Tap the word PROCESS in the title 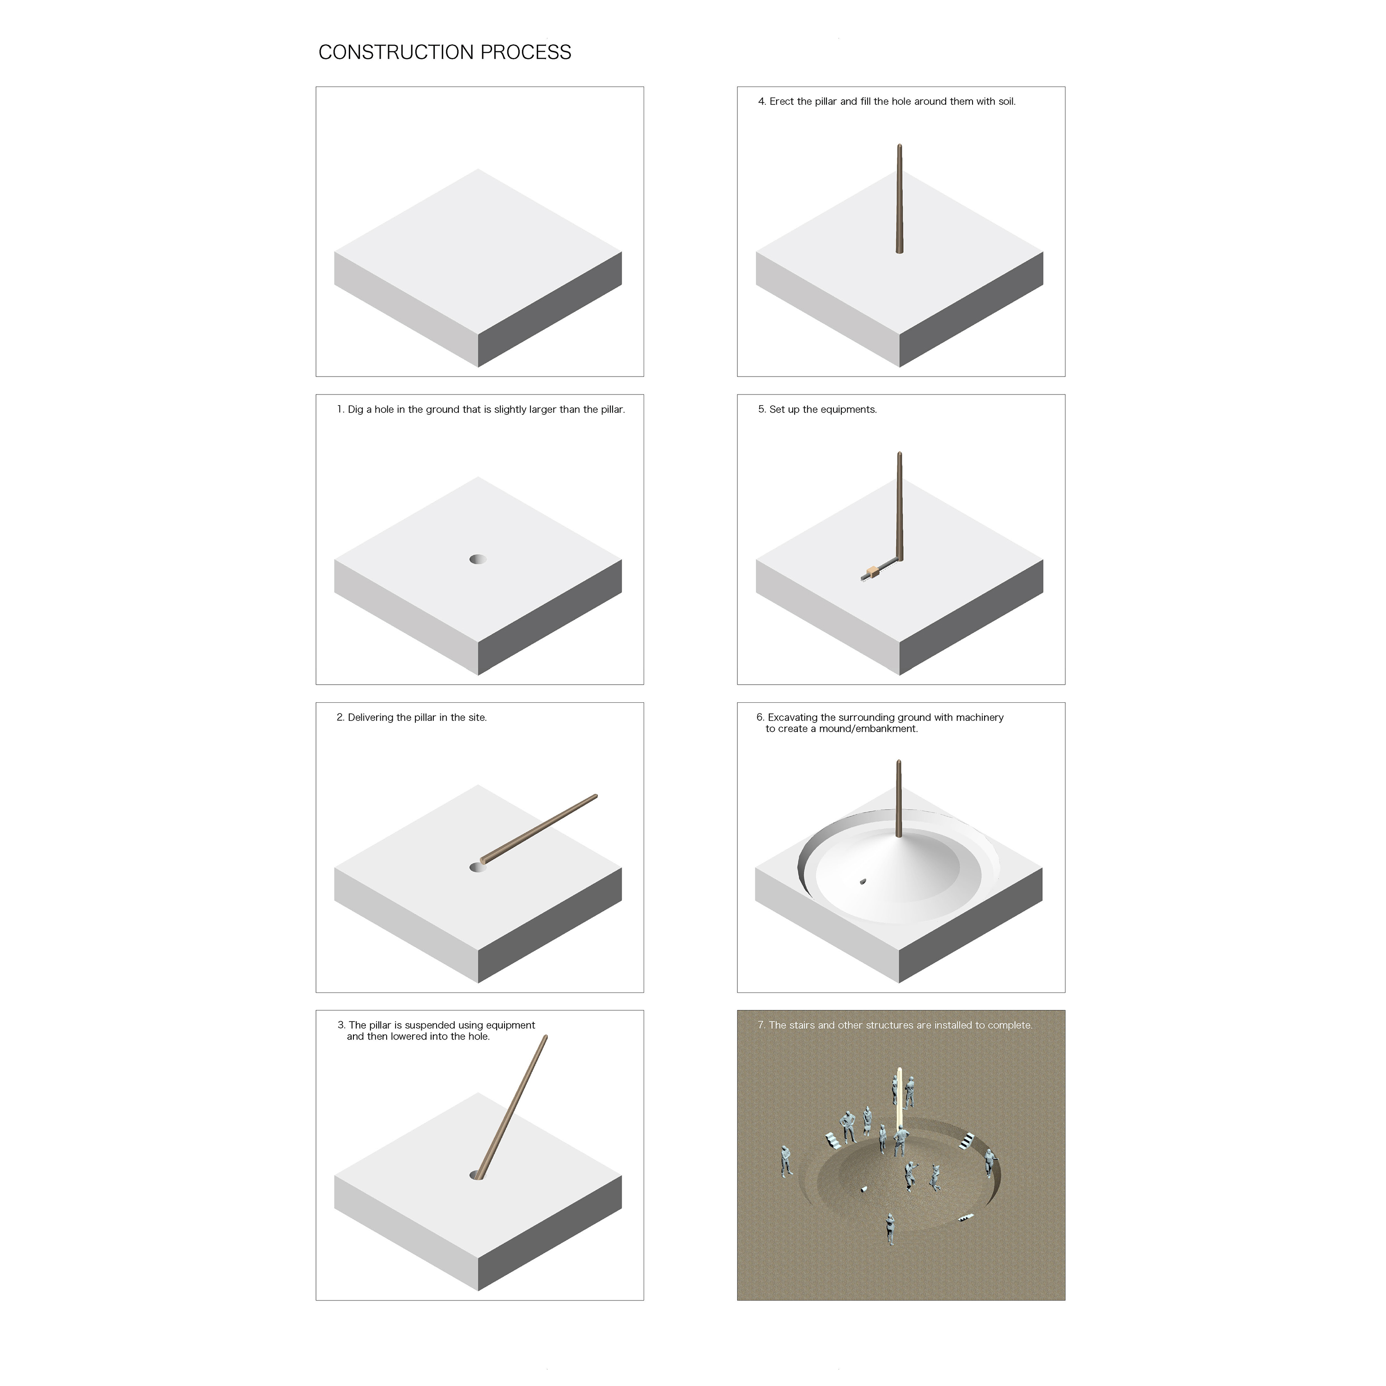point(526,52)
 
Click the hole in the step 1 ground point(478,559)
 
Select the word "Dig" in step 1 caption point(355,410)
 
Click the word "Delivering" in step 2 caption point(371,718)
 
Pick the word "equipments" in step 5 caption point(851,410)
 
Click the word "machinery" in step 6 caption point(980,717)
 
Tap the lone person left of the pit point(787,1161)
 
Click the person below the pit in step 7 point(890,1229)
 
